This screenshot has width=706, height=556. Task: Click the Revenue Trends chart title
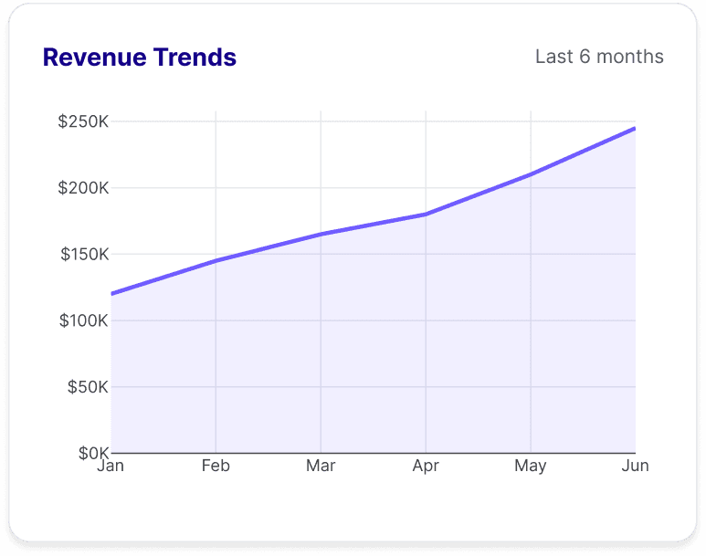(x=139, y=58)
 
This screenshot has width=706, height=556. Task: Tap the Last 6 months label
(x=599, y=57)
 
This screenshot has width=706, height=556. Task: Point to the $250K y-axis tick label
(x=83, y=121)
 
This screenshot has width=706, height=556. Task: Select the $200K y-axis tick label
(x=83, y=188)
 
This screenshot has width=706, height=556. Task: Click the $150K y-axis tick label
(x=84, y=255)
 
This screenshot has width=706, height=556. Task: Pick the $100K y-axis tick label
(x=83, y=320)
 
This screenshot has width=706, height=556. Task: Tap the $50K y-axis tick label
(x=88, y=387)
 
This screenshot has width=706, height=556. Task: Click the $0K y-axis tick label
(x=92, y=453)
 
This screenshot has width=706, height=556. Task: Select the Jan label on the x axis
(x=111, y=466)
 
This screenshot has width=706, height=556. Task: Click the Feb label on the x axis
(x=216, y=466)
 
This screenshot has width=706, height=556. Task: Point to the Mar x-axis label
(x=321, y=466)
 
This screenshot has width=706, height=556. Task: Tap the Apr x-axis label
(x=426, y=466)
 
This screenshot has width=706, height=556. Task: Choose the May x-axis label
(x=531, y=466)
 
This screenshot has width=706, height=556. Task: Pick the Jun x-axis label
(x=635, y=466)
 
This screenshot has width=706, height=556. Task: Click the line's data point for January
(x=111, y=294)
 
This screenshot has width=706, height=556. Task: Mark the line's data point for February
(x=216, y=261)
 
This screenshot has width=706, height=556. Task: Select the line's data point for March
(x=321, y=234)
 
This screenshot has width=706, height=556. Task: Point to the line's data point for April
(x=426, y=215)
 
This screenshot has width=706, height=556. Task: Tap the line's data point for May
(x=531, y=174)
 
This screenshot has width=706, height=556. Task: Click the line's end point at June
(x=635, y=129)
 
